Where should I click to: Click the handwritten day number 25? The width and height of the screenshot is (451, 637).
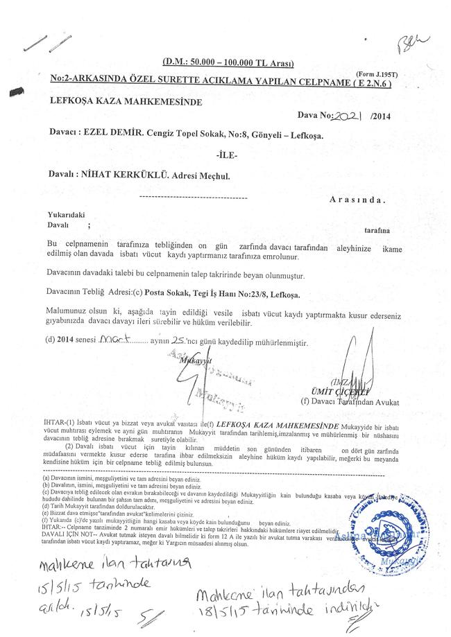click(x=182, y=341)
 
